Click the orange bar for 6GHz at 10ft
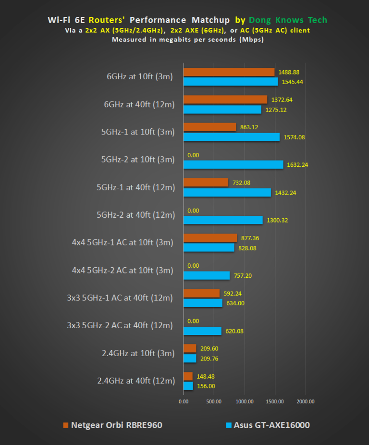pos(229,72)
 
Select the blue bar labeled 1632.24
pos(233,164)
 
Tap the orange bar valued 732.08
pos(206,183)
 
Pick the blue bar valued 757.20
pos(207,275)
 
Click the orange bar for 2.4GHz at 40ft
pos(188,377)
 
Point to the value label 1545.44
pos(293,82)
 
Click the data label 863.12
pos(250,127)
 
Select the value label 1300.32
pos(277,220)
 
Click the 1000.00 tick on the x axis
pos(244,401)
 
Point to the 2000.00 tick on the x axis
pos(305,401)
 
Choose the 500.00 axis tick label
pos(214,401)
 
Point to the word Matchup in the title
pos(210,20)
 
